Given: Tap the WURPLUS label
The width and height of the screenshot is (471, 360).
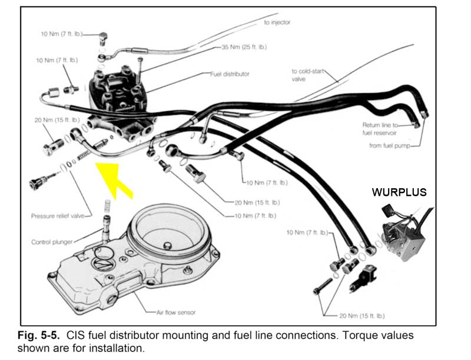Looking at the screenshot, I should (x=399, y=192).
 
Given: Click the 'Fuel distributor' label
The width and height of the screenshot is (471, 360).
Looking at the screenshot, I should (x=230, y=75).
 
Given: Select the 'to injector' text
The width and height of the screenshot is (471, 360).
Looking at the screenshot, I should (x=277, y=22).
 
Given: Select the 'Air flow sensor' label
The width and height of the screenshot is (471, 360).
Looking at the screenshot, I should (x=174, y=312).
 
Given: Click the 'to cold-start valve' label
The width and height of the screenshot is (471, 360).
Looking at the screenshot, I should (x=306, y=75).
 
